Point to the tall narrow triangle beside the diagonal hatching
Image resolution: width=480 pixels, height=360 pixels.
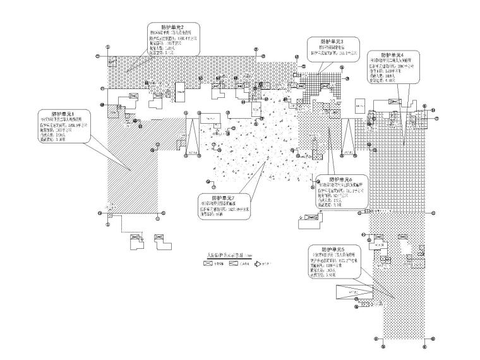tap(191, 132)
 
